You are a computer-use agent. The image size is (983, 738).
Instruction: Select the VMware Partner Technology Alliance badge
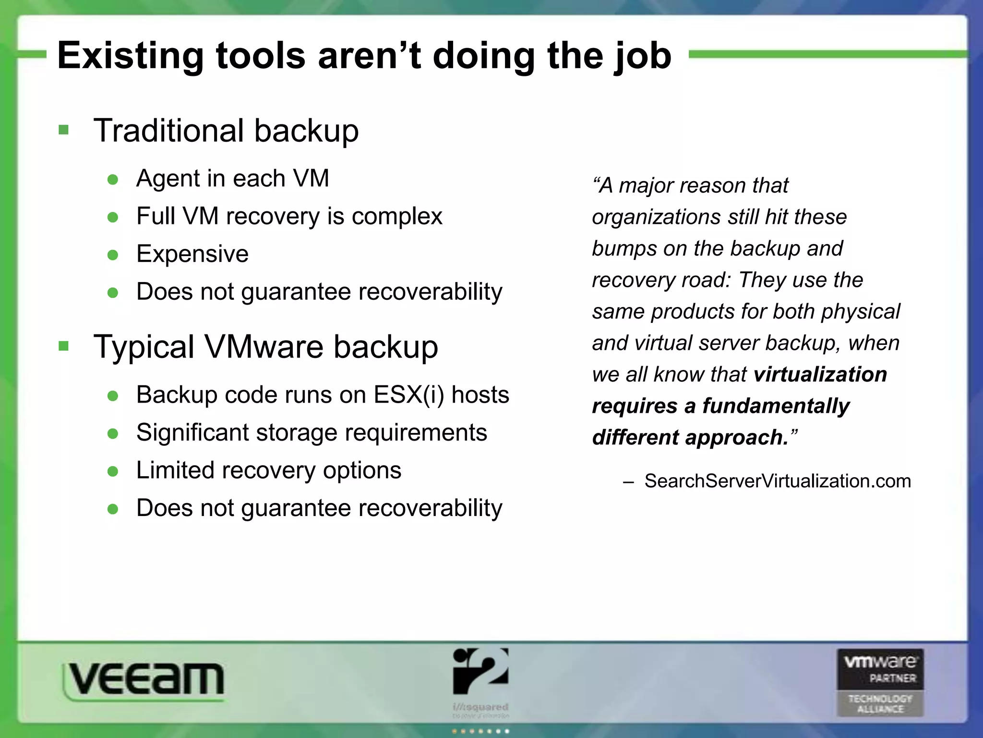pos(880,682)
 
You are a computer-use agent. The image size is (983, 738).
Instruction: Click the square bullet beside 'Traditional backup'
pos(63,130)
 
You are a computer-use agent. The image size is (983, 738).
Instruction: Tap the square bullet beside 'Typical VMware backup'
pos(63,346)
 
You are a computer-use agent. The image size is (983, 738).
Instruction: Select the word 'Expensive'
pos(192,254)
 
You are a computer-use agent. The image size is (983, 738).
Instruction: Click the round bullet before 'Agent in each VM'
pos(113,180)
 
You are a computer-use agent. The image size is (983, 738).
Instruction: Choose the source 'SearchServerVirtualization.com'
pos(778,481)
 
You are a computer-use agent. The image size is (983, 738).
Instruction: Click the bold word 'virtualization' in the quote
pos(820,374)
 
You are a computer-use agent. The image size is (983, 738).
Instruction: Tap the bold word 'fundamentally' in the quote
pos(776,406)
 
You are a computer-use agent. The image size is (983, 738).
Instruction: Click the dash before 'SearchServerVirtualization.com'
pos(628,482)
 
